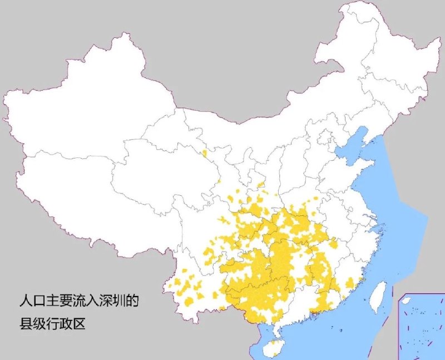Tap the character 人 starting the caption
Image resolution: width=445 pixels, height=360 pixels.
(x=24, y=302)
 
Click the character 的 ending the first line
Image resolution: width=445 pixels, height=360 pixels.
(x=132, y=302)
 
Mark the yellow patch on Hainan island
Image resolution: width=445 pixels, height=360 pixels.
(x=273, y=348)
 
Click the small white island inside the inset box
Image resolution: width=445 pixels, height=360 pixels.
(x=407, y=300)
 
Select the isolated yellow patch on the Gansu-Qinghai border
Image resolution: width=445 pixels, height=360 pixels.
(x=205, y=153)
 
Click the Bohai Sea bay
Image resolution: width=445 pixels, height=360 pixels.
(x=348, y=148)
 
